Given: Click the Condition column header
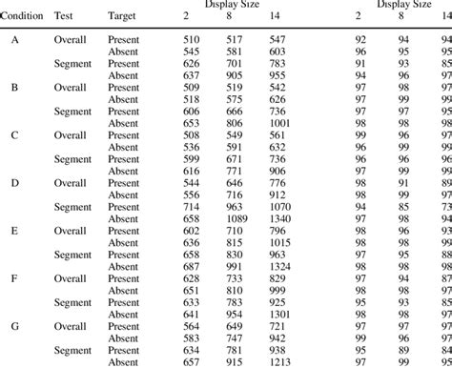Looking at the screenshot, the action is pos(21,17).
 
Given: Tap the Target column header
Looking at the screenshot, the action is pos(121,17).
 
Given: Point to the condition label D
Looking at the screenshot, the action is pos(15,180).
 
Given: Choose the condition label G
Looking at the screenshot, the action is pos(15,323).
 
